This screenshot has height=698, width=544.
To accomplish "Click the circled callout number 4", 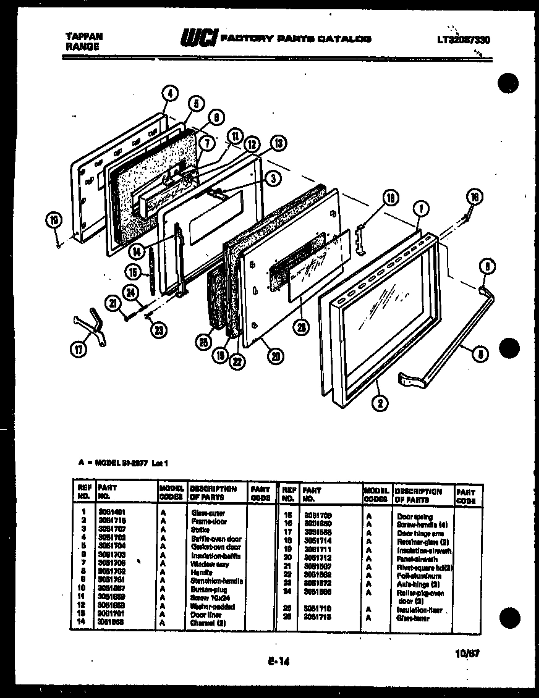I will pyautogui.click(x=170, y=95).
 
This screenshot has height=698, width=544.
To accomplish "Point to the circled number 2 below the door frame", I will pyautogui.click(x=378, y=405).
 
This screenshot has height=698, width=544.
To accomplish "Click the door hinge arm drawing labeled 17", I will pyautogui.click(x=91, y=322).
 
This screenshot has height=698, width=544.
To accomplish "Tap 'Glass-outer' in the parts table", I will pyautogui.click(x=208, y=513).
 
